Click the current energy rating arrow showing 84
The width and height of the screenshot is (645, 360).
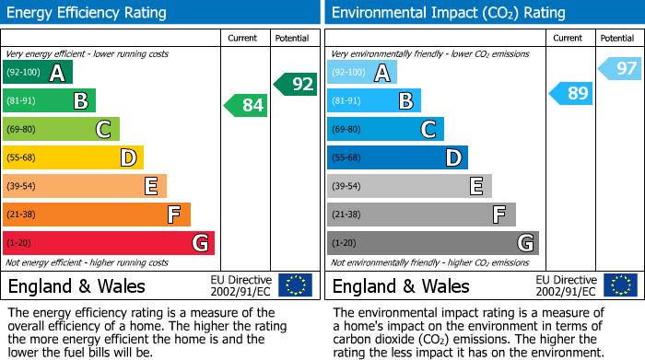pyautogui.click(x=246, y=106)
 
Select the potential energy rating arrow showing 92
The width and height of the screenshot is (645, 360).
pyautogui.click(x=295, y=84)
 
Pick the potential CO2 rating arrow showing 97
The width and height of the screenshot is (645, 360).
pyautogui.click(x=620, y=68)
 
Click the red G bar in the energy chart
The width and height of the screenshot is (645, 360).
pyautogui.click(x=109, y=243)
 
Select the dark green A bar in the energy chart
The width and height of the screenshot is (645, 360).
pyautogui.click(x=37, y=73)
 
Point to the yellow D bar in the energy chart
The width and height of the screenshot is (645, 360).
pyautogui.click(x=73, y=157)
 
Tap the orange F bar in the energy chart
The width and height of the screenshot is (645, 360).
pyautogui.click(x=97, y=215)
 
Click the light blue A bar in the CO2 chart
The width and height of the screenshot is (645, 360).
pyautogui.click(x=361, y=73)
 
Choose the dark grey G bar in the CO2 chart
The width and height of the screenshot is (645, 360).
pyautogui.click(x=432, y=243)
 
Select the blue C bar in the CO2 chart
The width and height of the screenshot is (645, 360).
pyautogui.click(x=385, y=130)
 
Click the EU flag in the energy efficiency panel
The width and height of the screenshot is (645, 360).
pyautogui.click(x=295, y=285)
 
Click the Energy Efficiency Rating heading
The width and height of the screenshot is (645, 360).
pyautogui.click(x=88, y=13)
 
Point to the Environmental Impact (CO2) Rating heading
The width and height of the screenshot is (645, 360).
pyautogui.click(x=448, y=13)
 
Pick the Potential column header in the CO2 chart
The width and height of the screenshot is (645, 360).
pyautogui.click(x=617, y=38)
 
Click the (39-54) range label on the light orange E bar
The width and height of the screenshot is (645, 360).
pyautogui.click(x=22, y=187)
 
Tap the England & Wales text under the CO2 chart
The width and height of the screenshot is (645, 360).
pyautogui.click(x=401, y=285)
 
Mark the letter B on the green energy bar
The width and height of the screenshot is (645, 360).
pyautogui.click(x=81, y=101)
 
